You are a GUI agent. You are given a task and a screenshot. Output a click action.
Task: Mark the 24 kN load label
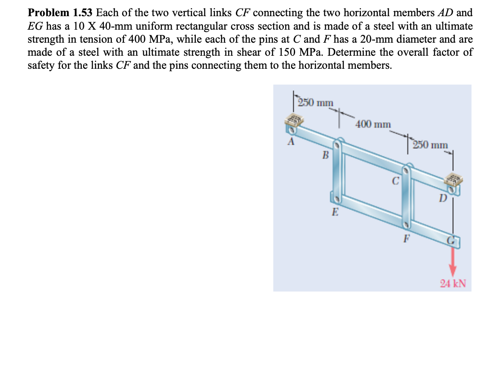pos(453,284)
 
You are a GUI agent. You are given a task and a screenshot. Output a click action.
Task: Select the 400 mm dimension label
pos(373,124)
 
